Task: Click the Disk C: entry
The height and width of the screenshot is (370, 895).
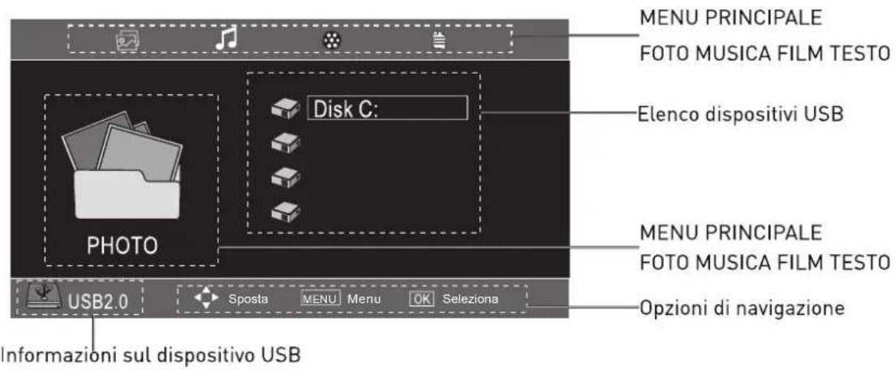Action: pyautogui.click(x=388, y=109)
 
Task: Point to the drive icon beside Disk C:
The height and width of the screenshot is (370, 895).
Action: pyautogui.click(x=286, y=109)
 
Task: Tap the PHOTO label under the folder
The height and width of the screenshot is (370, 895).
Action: pyautogui.click(x=123, y=246)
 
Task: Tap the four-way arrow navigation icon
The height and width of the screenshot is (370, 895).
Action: pyautogui.click(x=207, y=299)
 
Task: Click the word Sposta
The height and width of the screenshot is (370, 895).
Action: pyautogui.click(x=249, y=299)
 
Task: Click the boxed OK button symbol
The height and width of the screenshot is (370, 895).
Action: pyautogui.click(x=423, y=299)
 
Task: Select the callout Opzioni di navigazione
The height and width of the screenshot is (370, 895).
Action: pyautogui.click(x=742, y=308)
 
